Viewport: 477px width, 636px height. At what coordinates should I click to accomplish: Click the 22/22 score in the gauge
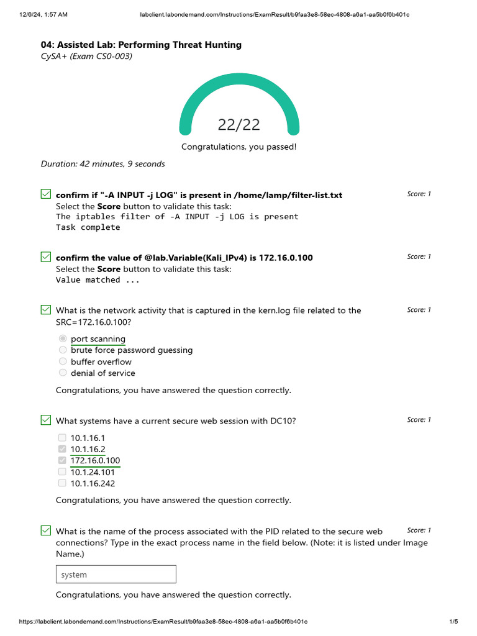click(x=238, y=125)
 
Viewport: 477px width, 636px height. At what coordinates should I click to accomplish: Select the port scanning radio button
click(x=63, y=338)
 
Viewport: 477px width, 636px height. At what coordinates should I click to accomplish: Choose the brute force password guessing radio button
click(x=63, y=350)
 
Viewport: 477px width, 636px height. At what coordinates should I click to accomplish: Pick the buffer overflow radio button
click(x=63, y=361)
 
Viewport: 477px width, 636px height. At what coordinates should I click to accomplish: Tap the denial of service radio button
click(x=63, y=373)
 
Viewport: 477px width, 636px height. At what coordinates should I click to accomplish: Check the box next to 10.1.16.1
click(x=62, y=437)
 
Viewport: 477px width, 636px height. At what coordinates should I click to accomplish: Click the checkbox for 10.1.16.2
click(x=62, y=449)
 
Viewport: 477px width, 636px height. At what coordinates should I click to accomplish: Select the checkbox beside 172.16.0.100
click(x=62, y=460)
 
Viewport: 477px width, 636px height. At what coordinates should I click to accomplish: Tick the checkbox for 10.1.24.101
click(x=62, y=472)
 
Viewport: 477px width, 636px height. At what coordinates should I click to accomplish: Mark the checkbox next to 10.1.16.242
click(x=62, y=483)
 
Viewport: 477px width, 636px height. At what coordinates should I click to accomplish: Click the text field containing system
click(x=116, y=575)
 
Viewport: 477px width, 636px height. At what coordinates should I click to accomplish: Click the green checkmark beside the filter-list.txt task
click(x=45, y=194)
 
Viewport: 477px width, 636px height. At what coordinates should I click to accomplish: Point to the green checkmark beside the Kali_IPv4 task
click(x=45, y=257)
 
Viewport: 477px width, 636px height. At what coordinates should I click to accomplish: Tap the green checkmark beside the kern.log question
click(x=45, y=310)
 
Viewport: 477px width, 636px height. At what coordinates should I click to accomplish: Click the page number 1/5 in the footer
click(x=453, y=622)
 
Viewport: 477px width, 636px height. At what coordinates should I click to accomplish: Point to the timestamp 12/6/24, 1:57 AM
click(x=39, y=14)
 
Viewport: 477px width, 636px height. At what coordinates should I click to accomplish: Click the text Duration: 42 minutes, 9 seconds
click(x=103, y=164)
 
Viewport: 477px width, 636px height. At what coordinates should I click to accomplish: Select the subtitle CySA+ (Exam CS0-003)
click(x=86, y=57)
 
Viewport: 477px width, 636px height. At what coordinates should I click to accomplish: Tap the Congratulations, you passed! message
click(x=238, y=147)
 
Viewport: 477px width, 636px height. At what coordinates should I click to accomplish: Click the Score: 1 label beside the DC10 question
click(x=419, y=420)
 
